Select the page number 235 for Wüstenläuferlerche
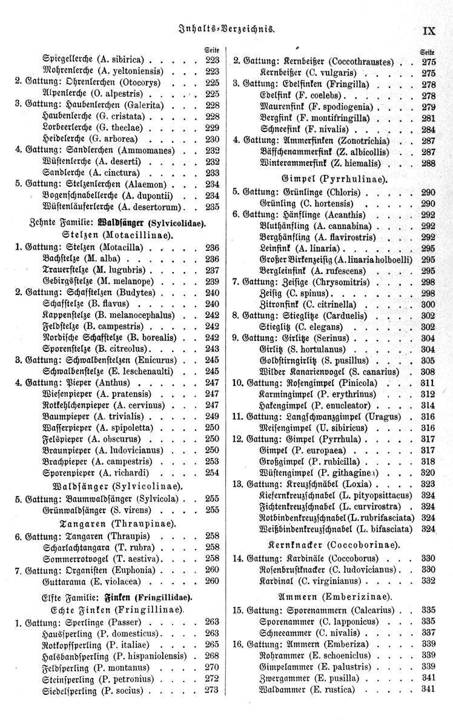coord(212,207)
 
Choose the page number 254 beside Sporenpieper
coord(212,473)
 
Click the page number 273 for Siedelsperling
coord(212,690)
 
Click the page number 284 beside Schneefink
coord(429,129)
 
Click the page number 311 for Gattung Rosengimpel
coord(429,383)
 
